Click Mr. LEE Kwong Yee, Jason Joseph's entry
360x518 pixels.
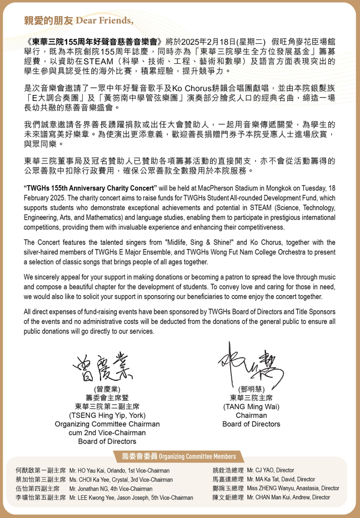point(131,497)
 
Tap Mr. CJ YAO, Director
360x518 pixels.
point(271,470)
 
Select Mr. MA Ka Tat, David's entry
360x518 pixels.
point(281,479)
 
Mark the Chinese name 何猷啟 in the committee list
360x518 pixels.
point(26,470)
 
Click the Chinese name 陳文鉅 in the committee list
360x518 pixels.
point(223,497)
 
